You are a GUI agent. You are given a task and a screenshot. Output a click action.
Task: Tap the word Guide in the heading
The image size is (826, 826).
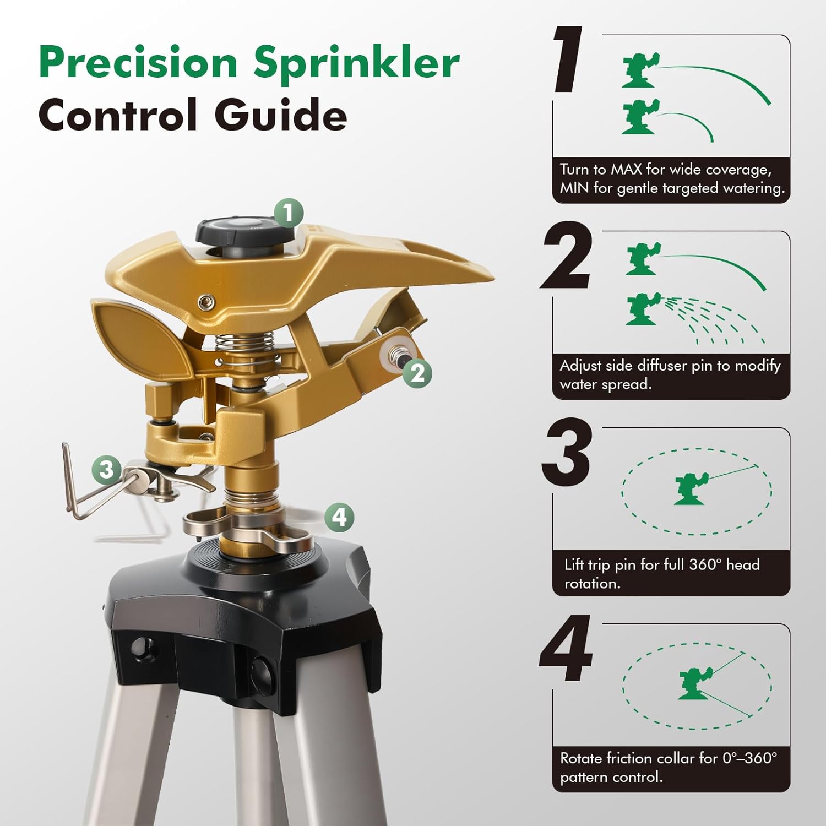[x=280, y=115]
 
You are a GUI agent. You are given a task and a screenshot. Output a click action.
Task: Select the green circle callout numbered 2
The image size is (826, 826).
[x=417, y=373]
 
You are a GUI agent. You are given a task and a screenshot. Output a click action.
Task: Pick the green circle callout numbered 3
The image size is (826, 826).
[x=106, y=469]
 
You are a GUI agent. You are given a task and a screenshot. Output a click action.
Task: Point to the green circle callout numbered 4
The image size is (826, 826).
[x=339, y=517]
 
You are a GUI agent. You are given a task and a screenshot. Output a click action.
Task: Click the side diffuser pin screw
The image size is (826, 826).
[x=395, y=353]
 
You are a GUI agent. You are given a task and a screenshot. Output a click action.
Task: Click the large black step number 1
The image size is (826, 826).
[x=568, y=61]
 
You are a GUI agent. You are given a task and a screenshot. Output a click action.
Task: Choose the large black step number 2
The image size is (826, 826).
[x=567, y=256]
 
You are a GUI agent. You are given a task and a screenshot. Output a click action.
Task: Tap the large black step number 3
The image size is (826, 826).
[x=567, y=453]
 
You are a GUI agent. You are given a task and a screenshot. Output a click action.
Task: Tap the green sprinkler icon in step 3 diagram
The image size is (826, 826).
[x=689, y=487]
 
